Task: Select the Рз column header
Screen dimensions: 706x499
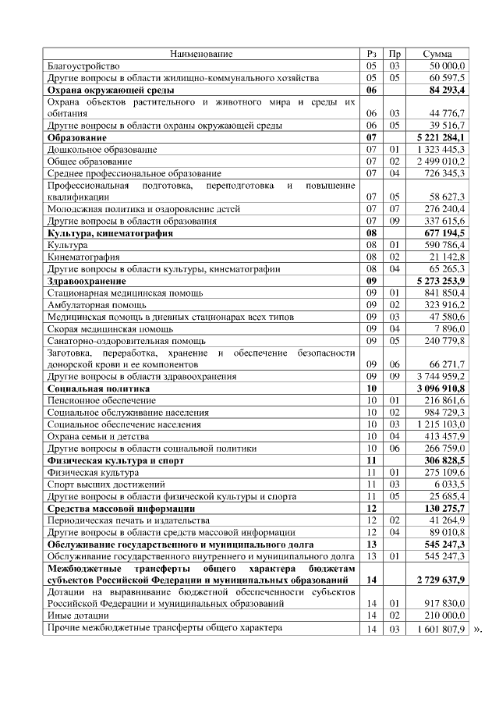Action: point(371,54)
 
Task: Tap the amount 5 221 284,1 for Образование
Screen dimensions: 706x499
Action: point(441,137)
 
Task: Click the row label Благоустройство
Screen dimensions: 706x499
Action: point(83,66)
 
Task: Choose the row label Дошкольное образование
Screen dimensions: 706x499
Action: point(103,149)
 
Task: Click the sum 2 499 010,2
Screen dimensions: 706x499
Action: point(441,161)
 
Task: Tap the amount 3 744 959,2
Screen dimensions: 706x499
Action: point(441,376)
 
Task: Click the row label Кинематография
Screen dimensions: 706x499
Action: point(83,257)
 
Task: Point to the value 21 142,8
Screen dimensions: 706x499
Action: point(447,257)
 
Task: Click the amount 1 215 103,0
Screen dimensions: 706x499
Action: point(441,424)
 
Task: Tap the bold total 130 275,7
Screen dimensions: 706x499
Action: point(444,509)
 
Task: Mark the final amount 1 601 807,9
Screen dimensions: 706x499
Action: point(441,628)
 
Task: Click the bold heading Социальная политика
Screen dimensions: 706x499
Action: point(92,388)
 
